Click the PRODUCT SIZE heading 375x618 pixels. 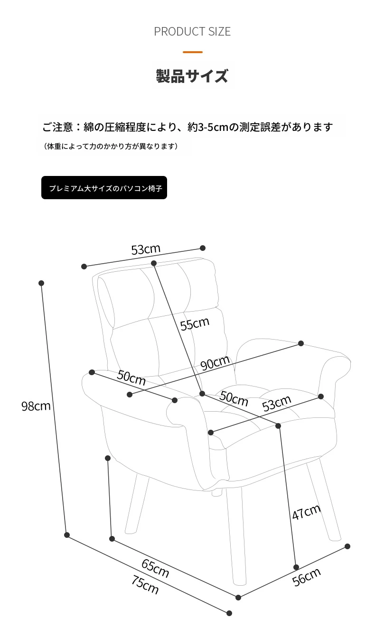click(x=192, y=31)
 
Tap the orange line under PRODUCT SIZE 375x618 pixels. click(x=193, y=52)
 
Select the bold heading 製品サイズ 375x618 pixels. click(x=192, y=76)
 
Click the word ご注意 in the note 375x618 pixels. click(x=57, y=127)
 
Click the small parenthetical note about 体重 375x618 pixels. click(x=111, y=146)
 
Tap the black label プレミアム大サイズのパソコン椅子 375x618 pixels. click(x=104, y=188)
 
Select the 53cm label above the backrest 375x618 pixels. click(x=146, y=249)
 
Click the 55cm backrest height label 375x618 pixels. click(x=195, y=323)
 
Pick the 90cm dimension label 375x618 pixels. click(x=215, y=362)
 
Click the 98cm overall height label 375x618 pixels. click(x=36, y=406)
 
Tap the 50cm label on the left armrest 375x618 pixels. click(x=131, y=377)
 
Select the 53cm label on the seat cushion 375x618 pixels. click(x=276, y=403)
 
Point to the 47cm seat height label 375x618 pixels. click(x=306, y=512)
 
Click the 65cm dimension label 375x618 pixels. click(x=155, y=568)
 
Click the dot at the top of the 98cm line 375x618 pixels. click(x=41, y=283)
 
